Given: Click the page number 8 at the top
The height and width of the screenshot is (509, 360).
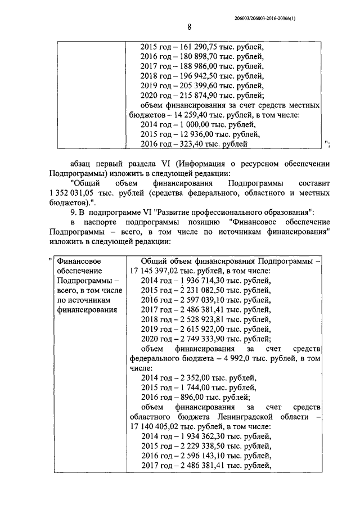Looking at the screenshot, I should tap(190, 27).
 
